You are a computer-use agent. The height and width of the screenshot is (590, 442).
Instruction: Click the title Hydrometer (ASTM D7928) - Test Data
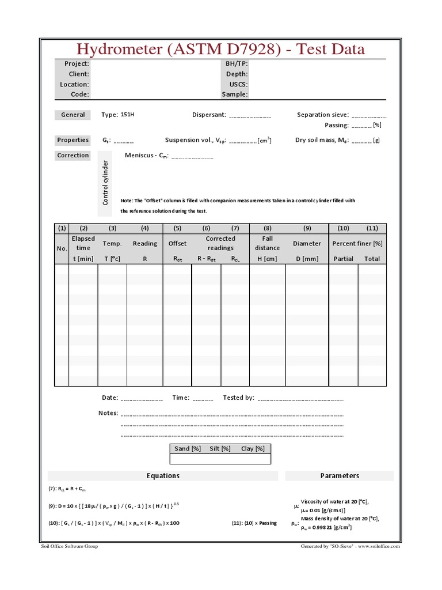[221, 49]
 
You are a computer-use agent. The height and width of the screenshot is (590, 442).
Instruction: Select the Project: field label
[76, 64]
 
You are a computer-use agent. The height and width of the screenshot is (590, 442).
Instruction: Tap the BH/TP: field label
[237, 64]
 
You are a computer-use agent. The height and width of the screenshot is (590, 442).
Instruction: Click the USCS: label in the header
[238, 84]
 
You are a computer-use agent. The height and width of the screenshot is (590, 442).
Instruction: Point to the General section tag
[73, 115]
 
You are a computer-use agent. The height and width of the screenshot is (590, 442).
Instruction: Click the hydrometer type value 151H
[127, 115]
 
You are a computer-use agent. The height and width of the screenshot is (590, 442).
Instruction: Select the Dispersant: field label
[209, 115]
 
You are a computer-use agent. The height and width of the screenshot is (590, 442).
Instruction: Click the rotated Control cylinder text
[106, 183]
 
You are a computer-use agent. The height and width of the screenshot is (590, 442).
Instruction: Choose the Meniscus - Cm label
[146, 156]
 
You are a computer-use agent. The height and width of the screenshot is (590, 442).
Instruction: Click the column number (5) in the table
[177, 228]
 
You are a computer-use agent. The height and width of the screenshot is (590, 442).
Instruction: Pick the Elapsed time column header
[83, 243]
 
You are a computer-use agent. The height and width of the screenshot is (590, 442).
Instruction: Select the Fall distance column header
[267, 243]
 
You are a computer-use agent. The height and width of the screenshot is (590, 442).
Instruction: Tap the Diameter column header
[307, 244]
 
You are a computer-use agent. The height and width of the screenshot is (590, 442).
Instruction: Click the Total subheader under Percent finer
[372, 259]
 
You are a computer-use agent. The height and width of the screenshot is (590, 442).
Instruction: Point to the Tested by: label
[238, 398]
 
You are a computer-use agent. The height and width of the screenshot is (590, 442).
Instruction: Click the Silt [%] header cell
[220, 449]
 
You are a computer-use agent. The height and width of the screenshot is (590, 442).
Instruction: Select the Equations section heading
[163, 476]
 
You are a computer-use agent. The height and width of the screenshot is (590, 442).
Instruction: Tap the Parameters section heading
[340, 476]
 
